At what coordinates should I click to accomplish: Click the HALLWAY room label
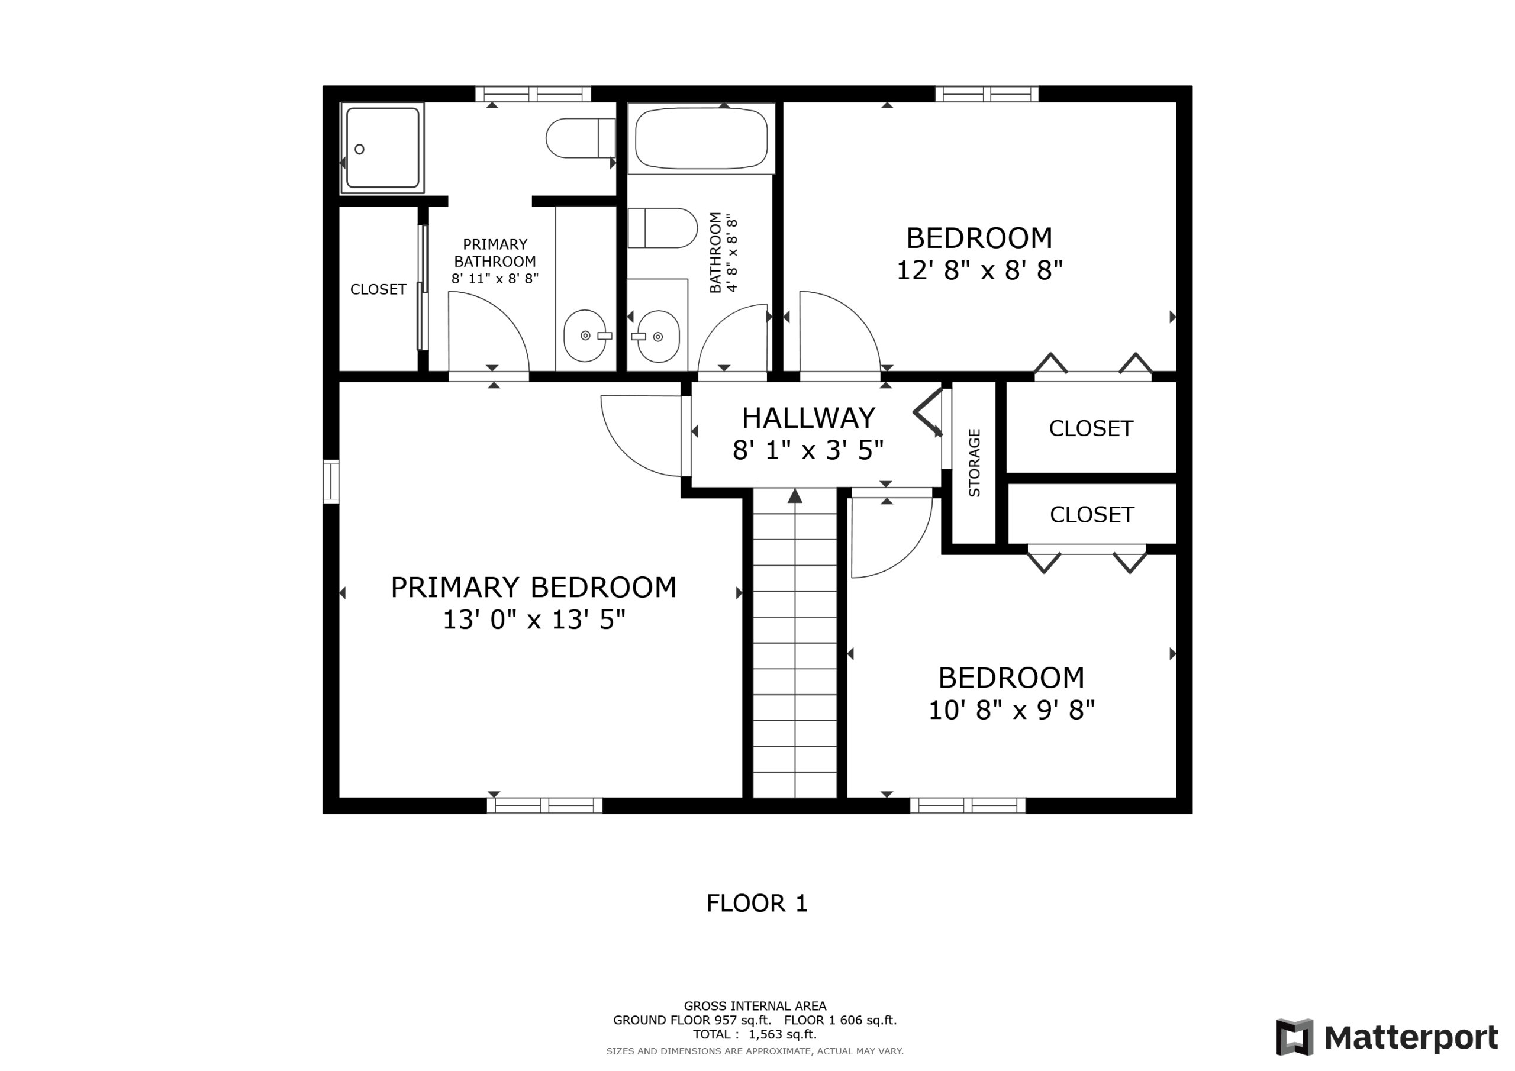click(x=808, y=418)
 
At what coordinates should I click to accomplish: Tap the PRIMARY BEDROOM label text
click(x=533, y=588)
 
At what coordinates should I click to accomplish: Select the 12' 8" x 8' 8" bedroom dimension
click(x=979, y=270)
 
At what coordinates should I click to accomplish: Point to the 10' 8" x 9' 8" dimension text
click(x=1011, y=710)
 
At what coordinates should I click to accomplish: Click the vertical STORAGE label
click(x=975, y=463)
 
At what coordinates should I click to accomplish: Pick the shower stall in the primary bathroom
click(x=382, y=148)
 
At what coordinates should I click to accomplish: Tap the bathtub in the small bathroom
click(x=701, y=138)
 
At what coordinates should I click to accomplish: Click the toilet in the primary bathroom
click(x=581, y=138)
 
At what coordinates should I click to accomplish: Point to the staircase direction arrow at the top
click(x=795, y=496)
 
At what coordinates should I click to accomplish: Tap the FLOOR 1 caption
click(x=757, y=904)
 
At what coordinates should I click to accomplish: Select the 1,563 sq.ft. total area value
click(x=782, y=1034)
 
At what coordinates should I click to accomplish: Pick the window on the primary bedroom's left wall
click(x=331, y=482)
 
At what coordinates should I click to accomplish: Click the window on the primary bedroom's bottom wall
click(x=544, y=806)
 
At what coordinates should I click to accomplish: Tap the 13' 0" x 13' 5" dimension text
click(x=533, y=620)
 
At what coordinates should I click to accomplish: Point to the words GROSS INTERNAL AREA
click(x=755, y=1006)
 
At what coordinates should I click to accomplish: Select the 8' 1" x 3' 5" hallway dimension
click(x=808, y=450)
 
